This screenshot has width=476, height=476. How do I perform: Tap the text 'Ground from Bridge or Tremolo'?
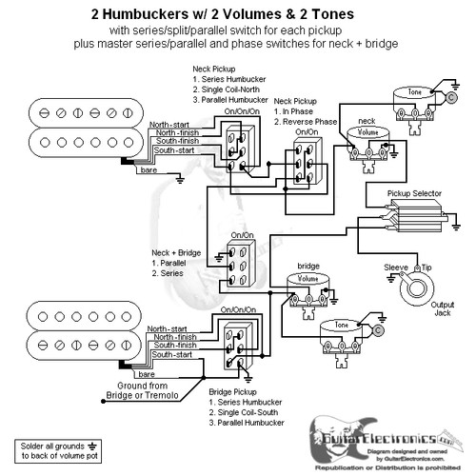pos(142,389)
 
